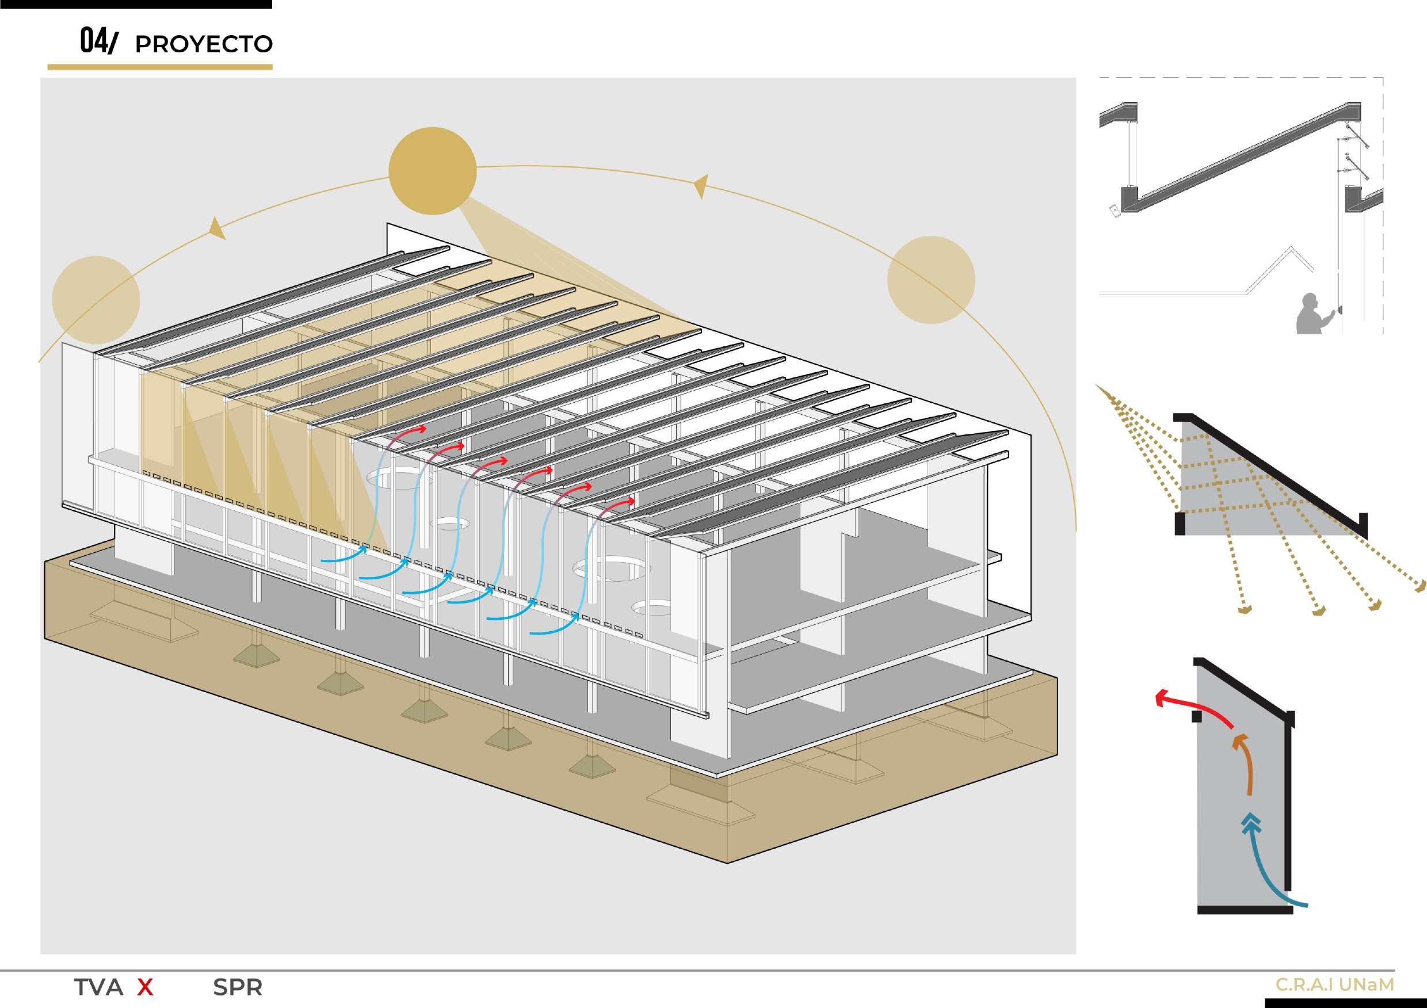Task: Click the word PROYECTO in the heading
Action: [x=203, y=44]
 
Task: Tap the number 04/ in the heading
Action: [x=98, y=41]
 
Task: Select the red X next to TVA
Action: [x=145, y=987]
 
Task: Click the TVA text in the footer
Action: [x=98, y=987]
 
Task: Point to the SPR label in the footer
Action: [x=238, y=987]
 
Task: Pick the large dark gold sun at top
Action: [x=433, y=171]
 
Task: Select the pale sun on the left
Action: [x=96, y=301]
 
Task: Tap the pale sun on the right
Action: [x=931, y=280]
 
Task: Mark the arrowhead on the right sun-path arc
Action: [x=701, y=185]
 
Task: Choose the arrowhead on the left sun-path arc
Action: [x=217, y=228]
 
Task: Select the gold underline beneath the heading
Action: [x=160, y=67]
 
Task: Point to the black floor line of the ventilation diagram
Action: [x=1245, y=910]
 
